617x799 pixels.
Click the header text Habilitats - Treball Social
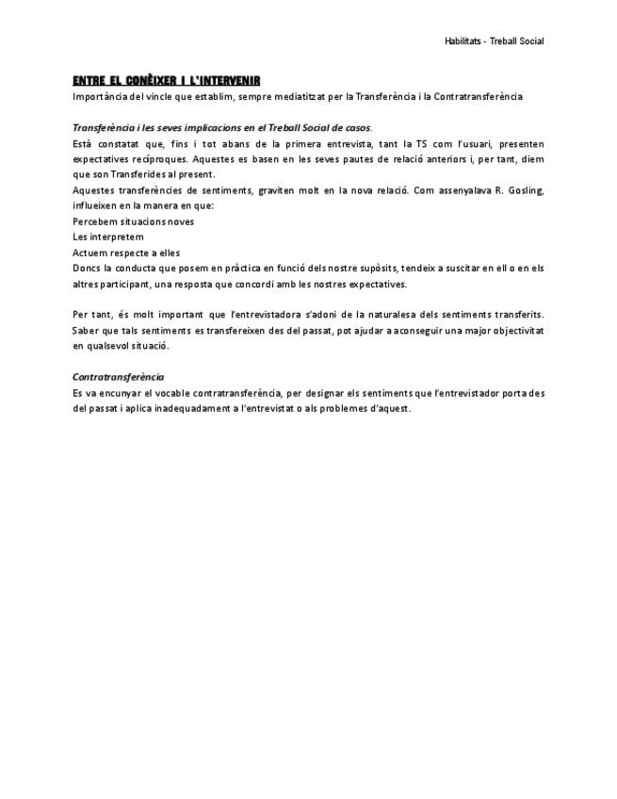coord(494,41)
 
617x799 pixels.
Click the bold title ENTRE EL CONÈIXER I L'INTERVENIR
coord(166,81)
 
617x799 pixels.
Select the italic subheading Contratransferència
coord(118,377)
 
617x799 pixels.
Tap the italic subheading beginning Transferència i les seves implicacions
coord(221,128)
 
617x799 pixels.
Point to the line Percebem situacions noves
coord(133,221)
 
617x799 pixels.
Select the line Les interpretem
coord(108,236)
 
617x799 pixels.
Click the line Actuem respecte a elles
coord(125,253)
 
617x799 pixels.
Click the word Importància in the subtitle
coord(99,96)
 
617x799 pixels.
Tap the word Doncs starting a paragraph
coord(87,269)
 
